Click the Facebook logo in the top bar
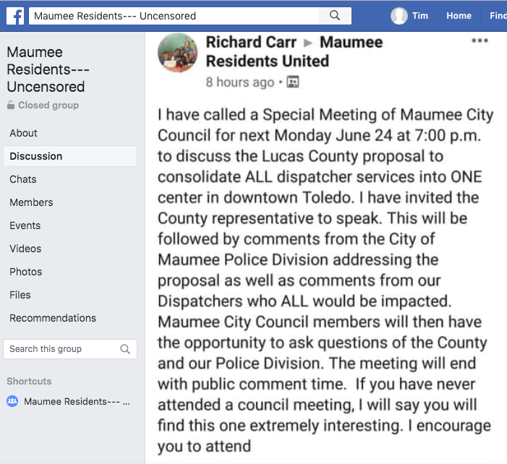click(x=14, y=15)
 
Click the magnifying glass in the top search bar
click(x=334, y=15)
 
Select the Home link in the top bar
click(x=459, y=15)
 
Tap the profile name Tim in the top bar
click(x=420, y=15)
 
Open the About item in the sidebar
click(x=23, y=133)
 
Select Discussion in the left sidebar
click(x=36, y=156)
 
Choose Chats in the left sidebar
click(x=22, y=179)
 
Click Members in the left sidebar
click(x=31, y=202)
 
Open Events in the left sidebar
click(x=25, y=225)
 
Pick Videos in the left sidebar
click(x=25, y=249)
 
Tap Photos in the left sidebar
click(x=26, y=272)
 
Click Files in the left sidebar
click(x=20, y=295)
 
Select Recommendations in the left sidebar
click(x=53, y=318)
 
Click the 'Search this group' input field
click(x=61, y=349)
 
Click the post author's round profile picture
click(x=177, y=53)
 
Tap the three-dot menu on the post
click(x=480, y=40)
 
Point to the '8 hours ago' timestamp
click(x=239, y=82)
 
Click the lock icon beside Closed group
click(x=11, y=106)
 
